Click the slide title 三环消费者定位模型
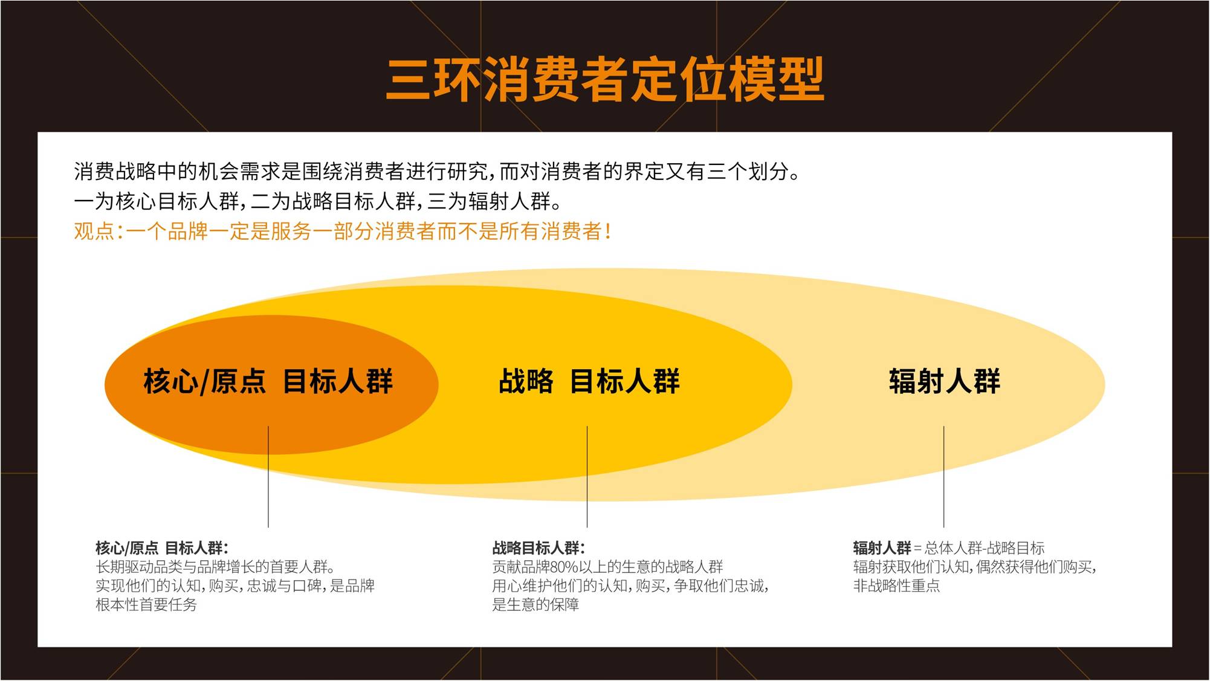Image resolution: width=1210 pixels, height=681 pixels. click(605, 80)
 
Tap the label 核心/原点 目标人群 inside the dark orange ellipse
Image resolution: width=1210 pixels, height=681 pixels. click(268, 381)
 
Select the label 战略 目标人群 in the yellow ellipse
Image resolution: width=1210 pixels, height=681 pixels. click(589, 381)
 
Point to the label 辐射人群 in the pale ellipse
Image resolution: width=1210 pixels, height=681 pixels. click(944, 381)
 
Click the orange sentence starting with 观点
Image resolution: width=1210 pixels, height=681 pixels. click(343, 231)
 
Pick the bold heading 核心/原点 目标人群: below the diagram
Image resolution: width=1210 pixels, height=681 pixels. click(162, 548)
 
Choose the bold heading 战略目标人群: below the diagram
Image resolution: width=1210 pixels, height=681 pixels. click(539, 548)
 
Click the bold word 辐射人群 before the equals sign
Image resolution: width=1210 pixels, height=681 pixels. click(882, 548)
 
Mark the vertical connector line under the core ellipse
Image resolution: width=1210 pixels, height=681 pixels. click(268, 477)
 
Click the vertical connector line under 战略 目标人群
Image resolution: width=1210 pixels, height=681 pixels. click(587, 477)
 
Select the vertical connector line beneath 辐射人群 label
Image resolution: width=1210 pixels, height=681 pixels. click(943, 477)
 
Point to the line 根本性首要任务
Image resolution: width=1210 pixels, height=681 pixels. click(146, 604)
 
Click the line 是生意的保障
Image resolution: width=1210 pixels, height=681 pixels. click(535, 604)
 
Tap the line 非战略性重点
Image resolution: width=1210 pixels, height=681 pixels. click(896, 586)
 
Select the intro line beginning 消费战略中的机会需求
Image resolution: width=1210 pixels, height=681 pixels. click(438, 172)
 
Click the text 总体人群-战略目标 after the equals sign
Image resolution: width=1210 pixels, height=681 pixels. click(985, 548)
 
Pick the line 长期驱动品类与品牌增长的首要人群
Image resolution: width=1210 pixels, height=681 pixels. click(216, 567)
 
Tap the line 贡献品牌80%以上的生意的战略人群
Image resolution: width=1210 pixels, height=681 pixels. click(607, 567)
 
